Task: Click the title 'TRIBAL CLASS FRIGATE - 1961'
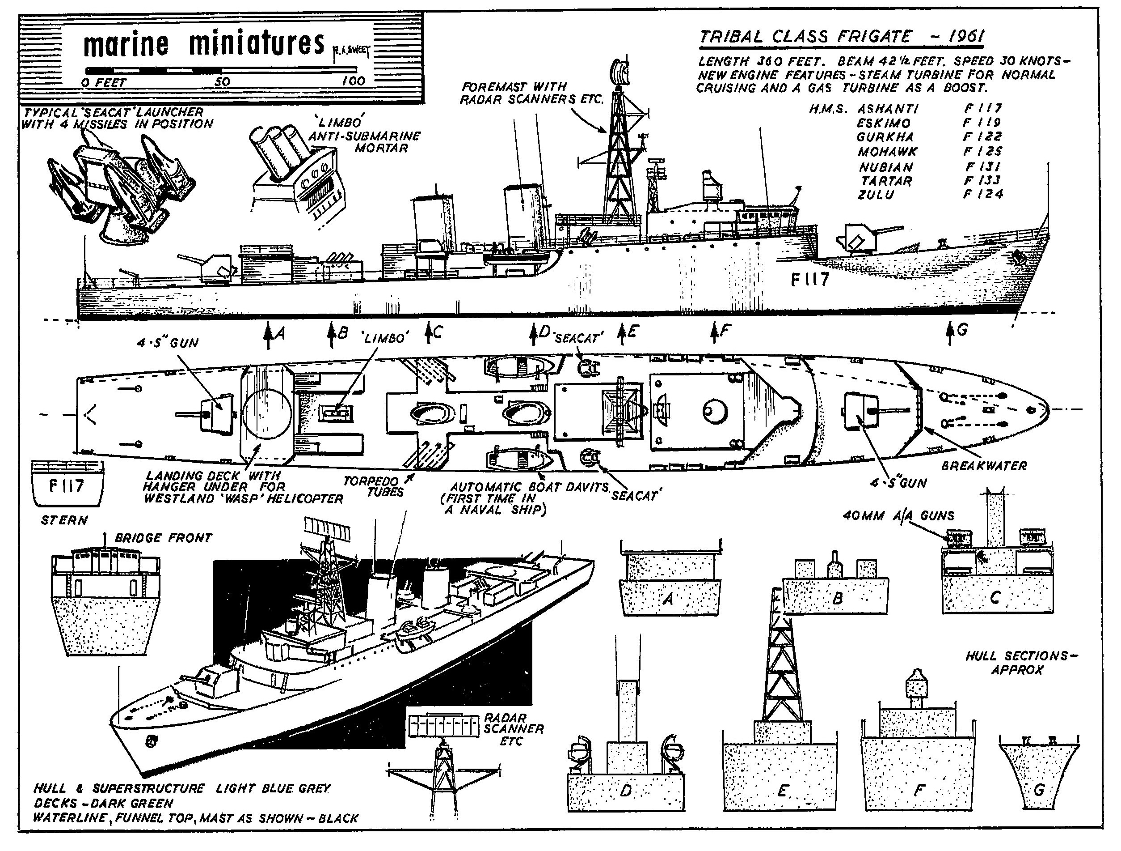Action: pos(841,37)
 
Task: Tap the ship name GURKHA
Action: pos(885,137)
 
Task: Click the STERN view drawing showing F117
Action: pos(67,484)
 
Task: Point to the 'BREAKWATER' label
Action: pos(984,466)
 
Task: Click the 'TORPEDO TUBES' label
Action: pos(374,486)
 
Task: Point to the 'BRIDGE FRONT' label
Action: pos(163,538)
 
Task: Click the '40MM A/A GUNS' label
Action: pos(898,516)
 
